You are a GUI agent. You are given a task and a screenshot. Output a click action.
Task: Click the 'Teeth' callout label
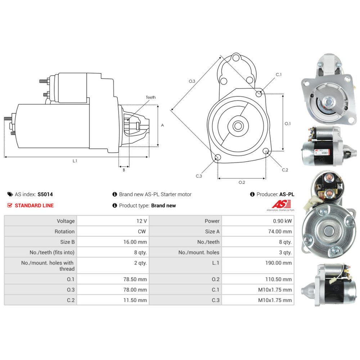tap(150, 98)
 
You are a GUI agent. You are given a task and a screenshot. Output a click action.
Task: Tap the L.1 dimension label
tap(75, 161)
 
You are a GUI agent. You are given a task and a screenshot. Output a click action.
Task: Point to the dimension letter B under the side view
tap(123, 170)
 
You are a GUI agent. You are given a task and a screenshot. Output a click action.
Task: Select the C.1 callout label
tap(279, 75)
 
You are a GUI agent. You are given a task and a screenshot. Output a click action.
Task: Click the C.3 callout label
tap(199, 176)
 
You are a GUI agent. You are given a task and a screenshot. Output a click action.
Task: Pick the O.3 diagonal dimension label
tap(192, 81)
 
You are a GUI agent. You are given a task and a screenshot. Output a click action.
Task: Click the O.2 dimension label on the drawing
tap(242, 182)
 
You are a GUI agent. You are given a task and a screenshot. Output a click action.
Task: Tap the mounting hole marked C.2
tap(266, 151)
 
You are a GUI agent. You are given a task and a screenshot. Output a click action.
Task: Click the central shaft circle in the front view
tap(238, 126)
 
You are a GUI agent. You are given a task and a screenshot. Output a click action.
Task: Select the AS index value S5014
tap(45, 194)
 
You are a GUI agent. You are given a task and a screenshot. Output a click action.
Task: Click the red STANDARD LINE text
tap(34, 206)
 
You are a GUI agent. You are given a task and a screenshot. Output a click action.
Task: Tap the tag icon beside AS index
tap(10, 194)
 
